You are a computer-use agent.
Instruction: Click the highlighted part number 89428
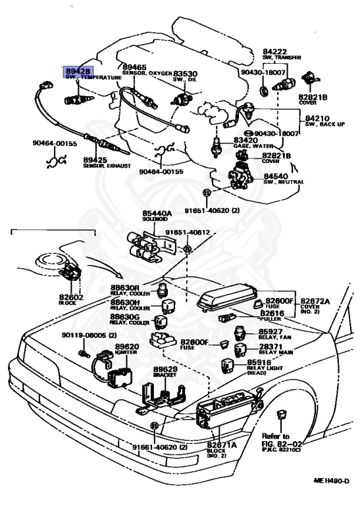[78, 70]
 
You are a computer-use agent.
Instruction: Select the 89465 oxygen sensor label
[134, 68]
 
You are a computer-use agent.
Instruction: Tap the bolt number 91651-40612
[188, 233]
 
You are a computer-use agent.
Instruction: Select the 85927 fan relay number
[271, 332]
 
